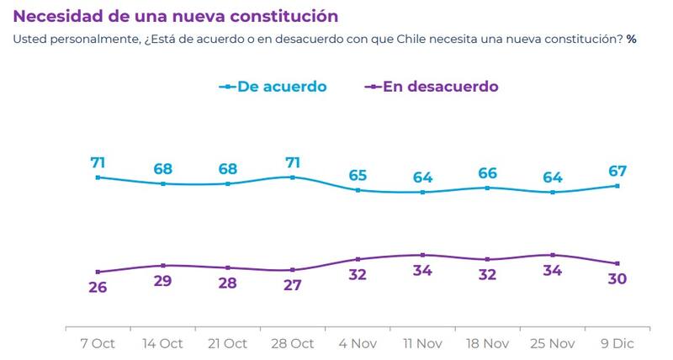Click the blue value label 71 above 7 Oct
coord(98,162)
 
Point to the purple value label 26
coord(98,287)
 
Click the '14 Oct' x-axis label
coord(163,343)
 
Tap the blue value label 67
coord(618,172)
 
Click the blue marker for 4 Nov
coord(358,190)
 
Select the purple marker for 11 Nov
coord(423,255)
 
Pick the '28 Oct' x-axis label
coord(293,343)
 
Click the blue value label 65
coord(358,176)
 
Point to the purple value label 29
coord(163,280)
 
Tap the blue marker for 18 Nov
coord(488,188)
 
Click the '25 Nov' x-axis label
coord(553,343)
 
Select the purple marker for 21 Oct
coord(228,267)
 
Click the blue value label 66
coord(488,173)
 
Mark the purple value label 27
coord(293,284)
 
